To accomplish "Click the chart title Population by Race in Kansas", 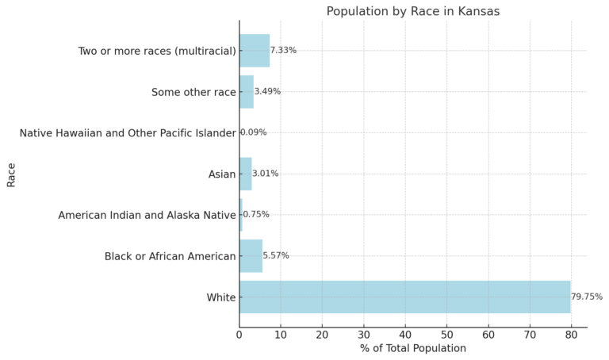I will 413,11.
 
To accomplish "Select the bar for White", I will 404,297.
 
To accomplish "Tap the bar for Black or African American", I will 251,255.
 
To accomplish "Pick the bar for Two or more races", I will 255,51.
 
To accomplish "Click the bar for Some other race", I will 247,92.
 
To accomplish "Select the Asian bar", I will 246,174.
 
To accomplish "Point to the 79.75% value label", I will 587,297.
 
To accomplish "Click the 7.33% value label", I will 283,51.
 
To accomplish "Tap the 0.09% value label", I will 254,132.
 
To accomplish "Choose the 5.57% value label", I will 276,255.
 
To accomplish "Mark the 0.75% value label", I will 256,215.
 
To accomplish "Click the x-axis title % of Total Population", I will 412,348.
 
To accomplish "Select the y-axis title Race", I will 11,174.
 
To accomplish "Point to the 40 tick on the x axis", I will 405,335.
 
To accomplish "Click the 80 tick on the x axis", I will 571,335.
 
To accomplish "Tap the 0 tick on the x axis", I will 239,335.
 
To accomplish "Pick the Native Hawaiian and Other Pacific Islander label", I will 128,133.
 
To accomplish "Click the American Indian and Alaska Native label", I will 147,215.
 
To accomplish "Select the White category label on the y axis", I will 221,297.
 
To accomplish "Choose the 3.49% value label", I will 267,92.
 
